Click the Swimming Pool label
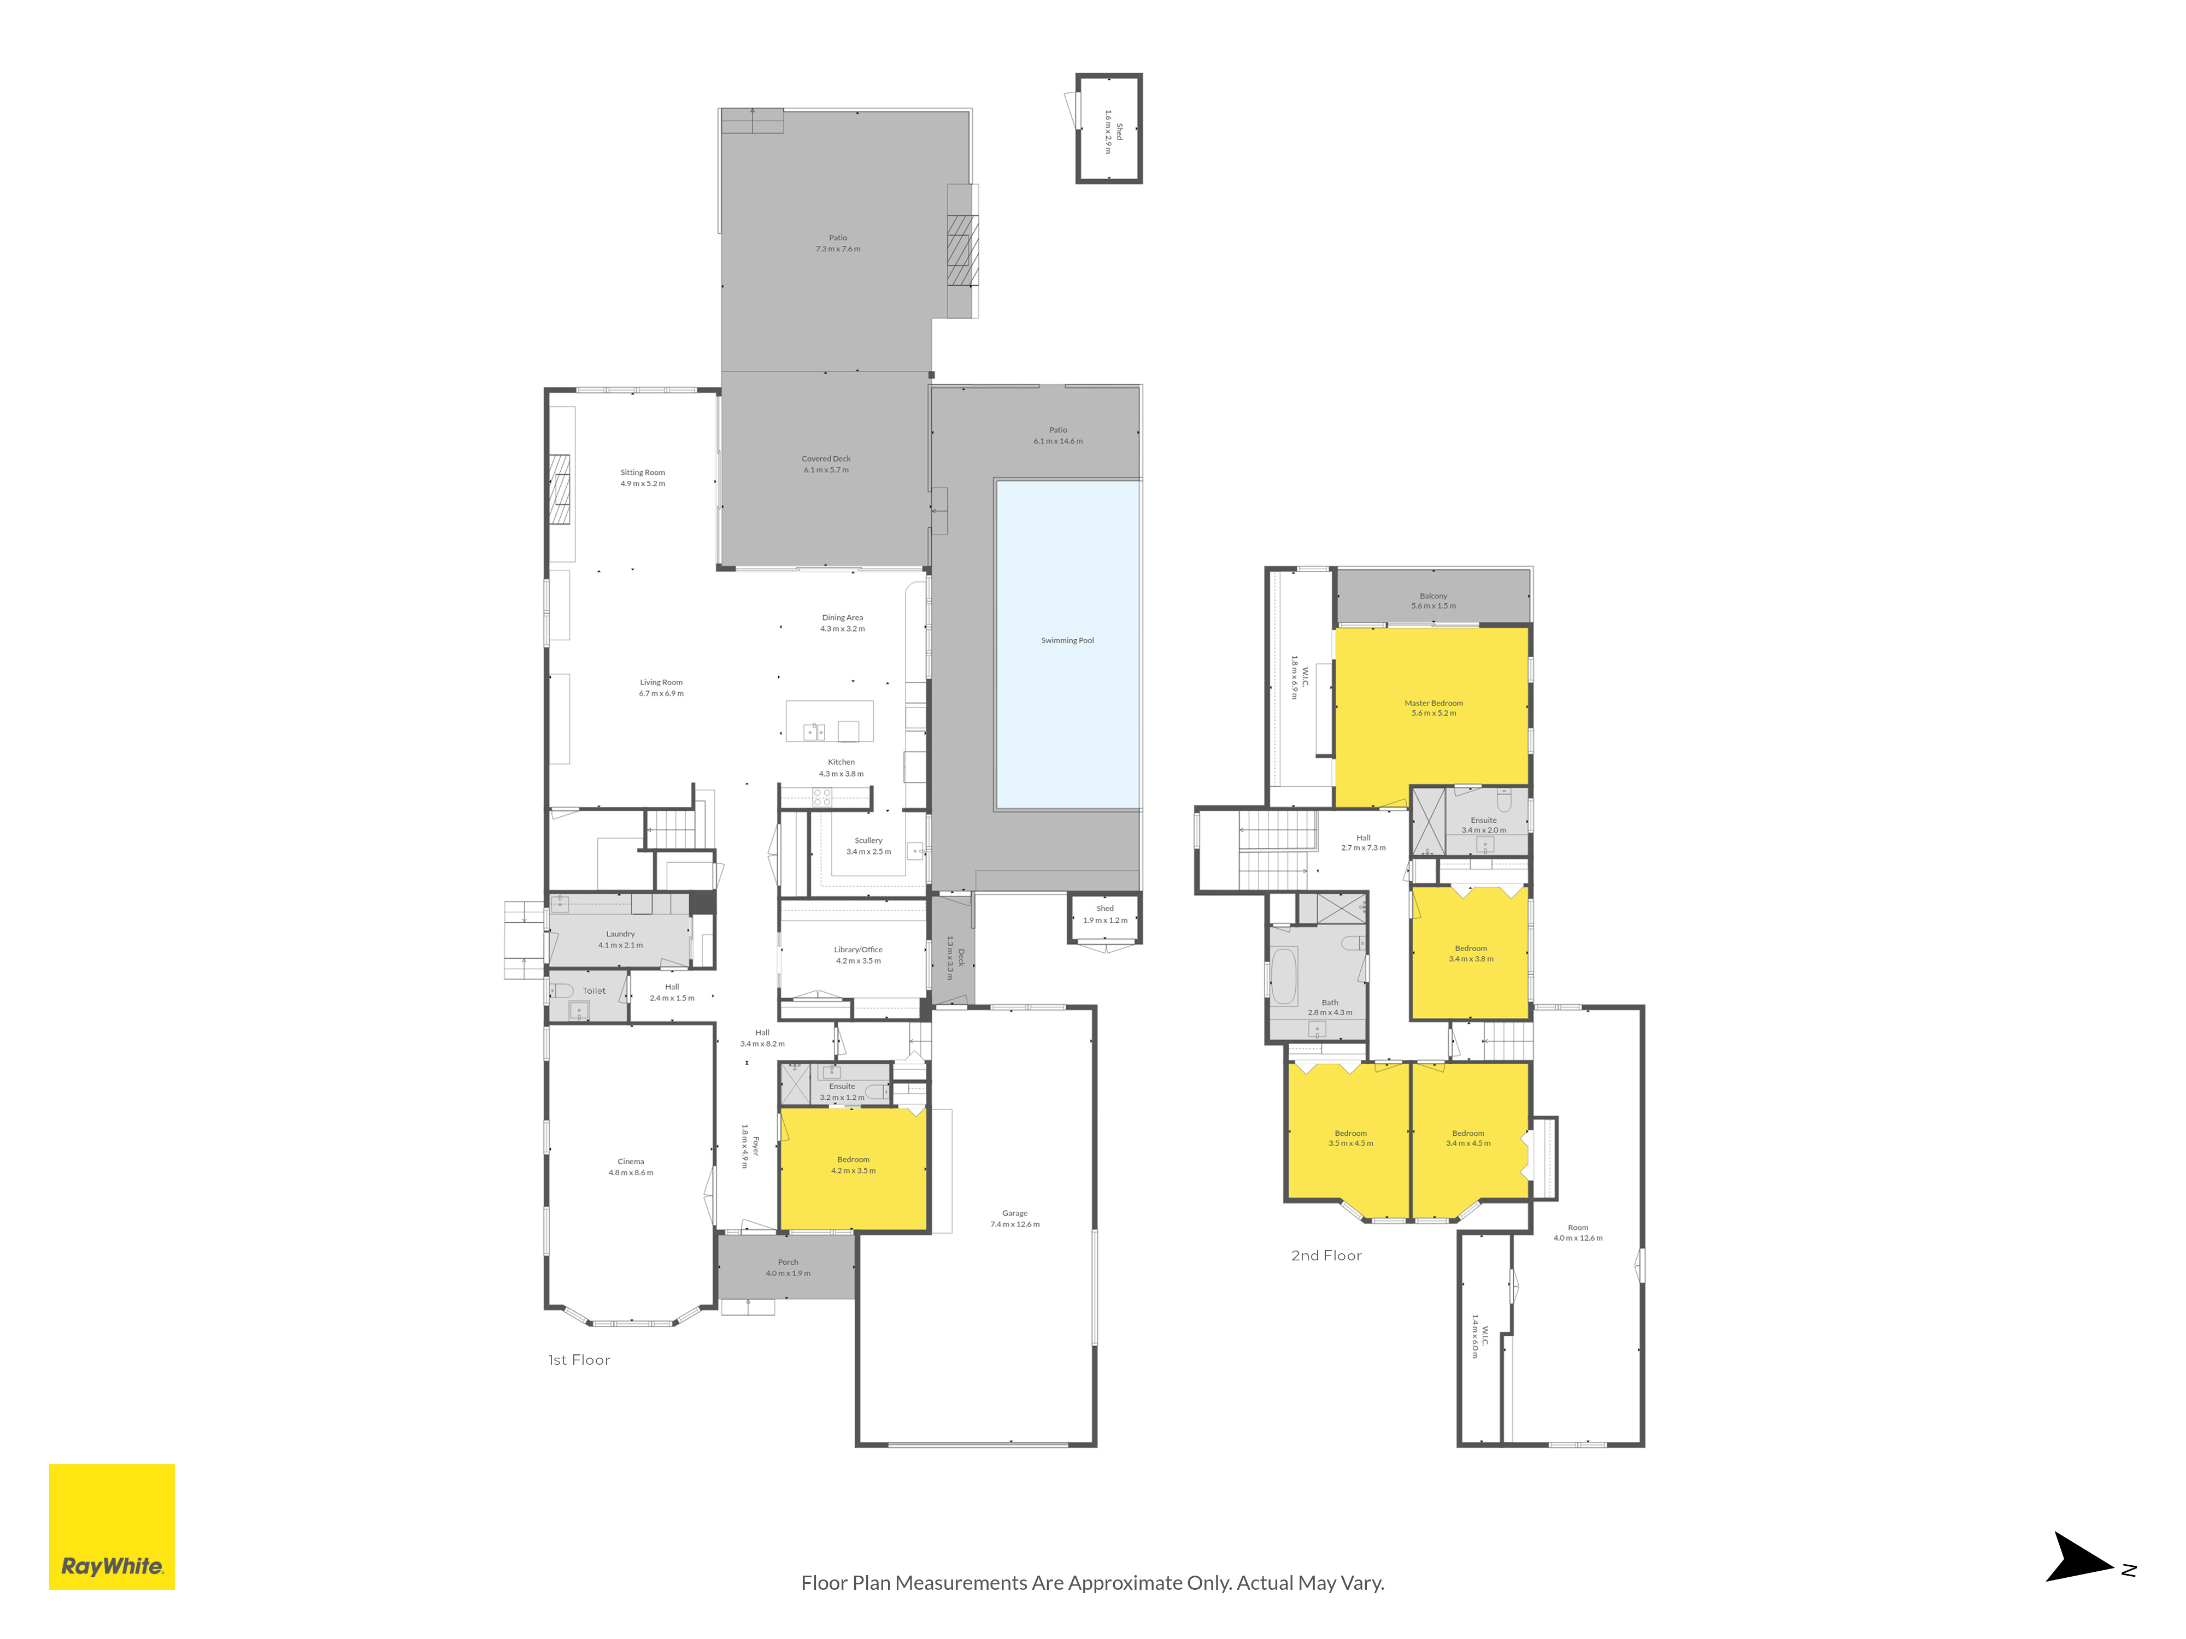click(1067, 640)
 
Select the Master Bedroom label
click(1433, 704)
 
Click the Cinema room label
click(631, 1162)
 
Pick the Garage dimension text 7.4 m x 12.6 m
click(1015, 1224)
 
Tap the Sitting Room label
click(642, 472)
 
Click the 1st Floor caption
click(579, 1359)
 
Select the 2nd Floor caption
click(1326, 1255)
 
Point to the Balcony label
click(1433, 596)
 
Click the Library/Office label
click(858, 950)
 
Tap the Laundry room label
click(621, 934)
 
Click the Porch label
click(788, 1261)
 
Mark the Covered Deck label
click(826, 458)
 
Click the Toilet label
click(594, 991)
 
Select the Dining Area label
click(842, 617)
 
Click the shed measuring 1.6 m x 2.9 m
click(1109, 128)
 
